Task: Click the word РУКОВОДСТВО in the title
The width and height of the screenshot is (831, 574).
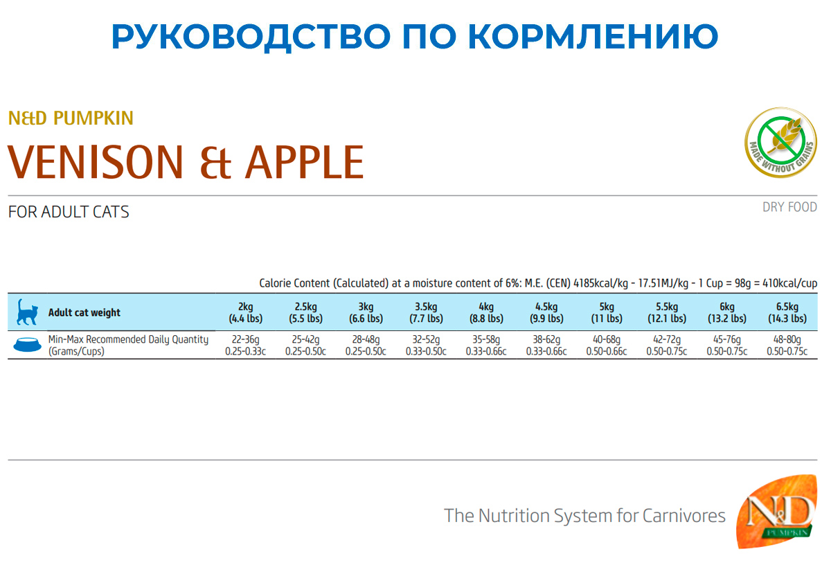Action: (x=251, y=37)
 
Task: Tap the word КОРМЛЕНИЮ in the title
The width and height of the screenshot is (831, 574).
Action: (x=593, y=37)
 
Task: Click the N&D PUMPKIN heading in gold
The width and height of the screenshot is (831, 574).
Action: (x=71, y=118)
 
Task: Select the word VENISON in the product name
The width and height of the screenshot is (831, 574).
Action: (x=96, y=162)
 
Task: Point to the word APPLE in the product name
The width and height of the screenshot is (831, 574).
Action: (x=305, y=162)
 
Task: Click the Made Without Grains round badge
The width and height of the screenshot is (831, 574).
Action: (x=781, y=143)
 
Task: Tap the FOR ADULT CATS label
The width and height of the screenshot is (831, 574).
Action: (x=69, y=212)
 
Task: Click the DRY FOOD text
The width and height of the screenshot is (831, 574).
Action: (x=790, y=207)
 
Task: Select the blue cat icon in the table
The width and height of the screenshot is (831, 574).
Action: (x=27, y=312)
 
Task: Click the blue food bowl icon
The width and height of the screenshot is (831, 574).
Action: (x=28, y=344)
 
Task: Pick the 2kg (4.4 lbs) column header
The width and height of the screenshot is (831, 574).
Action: (x=246, y=312)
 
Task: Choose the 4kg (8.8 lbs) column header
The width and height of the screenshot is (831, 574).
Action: (x=486, y=312)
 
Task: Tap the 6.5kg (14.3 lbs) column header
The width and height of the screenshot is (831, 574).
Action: (x=787, y=312)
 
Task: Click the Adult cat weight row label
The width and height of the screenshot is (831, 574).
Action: (x=84, y=312)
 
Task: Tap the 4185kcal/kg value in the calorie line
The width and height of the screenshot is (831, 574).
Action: (x=600, y=283)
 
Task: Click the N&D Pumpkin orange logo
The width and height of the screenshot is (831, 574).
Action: (x=777, y=511)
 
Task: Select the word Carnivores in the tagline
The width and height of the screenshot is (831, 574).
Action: (x=683, y=516)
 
